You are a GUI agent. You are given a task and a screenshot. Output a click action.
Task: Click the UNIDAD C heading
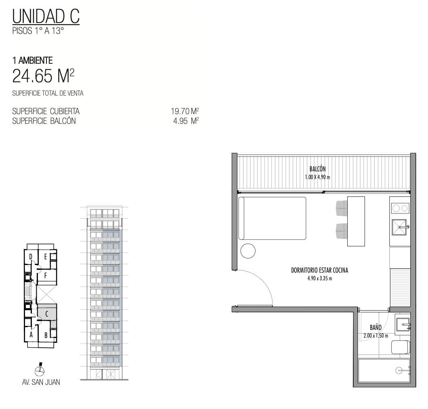[46, 16]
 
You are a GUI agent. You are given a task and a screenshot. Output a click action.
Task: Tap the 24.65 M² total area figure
[43, 76]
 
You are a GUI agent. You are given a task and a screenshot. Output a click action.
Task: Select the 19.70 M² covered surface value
[185, 111]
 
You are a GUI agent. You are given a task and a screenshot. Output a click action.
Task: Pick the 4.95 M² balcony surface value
[186, 121]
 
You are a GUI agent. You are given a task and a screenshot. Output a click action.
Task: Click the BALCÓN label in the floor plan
[317, 169]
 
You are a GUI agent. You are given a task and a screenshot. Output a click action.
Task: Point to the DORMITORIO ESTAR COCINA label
[319, 270]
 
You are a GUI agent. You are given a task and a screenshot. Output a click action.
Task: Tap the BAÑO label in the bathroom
[376, 328]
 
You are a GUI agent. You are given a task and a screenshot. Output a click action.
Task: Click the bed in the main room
[272, 218]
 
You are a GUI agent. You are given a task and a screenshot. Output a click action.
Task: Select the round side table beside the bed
[248, 251]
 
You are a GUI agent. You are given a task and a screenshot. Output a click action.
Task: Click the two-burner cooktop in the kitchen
[400, 208]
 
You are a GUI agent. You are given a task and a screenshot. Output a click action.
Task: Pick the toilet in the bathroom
[401, 347]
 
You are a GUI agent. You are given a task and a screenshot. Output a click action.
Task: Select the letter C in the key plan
[47, 313]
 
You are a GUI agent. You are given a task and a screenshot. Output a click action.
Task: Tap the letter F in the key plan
[46, 276]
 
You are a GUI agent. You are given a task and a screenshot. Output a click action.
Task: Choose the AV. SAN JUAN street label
[41, 382]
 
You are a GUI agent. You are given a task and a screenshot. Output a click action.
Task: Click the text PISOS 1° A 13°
[38, 31]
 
